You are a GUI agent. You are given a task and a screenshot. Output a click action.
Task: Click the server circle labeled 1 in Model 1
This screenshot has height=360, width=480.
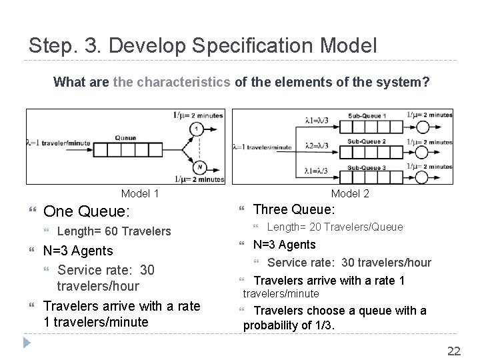197,129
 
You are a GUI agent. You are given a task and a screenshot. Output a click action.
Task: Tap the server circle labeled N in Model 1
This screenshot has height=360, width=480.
197,167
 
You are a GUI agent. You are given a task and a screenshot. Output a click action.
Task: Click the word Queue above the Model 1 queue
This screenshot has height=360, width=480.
125,138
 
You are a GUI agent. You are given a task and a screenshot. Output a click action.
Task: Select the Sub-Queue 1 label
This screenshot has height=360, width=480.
366,116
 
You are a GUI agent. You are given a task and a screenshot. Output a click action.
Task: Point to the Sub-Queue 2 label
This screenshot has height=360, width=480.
366,141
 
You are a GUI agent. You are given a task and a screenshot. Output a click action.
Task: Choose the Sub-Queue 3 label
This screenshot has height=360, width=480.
366,167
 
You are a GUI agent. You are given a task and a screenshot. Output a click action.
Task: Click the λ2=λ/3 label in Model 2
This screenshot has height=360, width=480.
320,146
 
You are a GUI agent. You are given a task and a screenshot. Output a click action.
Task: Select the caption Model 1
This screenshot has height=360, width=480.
140,193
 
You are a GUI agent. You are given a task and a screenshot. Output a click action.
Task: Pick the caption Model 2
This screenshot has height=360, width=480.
350,193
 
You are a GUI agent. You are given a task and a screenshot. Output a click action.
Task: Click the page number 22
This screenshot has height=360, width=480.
454,351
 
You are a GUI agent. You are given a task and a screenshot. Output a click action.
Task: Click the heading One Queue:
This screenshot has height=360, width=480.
86,211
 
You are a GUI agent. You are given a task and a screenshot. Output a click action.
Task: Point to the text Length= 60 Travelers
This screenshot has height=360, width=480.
115,231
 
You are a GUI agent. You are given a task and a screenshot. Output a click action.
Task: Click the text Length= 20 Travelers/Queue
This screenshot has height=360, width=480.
335,227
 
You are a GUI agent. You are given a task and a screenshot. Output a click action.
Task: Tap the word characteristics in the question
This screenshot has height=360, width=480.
183,83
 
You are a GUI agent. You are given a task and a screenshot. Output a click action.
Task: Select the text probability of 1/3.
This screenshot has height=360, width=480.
289,325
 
